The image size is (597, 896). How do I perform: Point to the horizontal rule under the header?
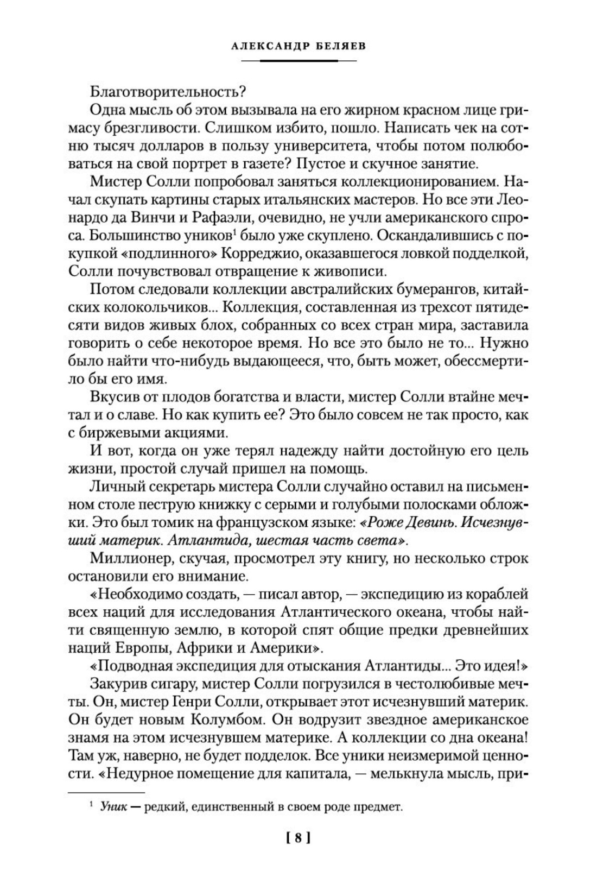[298, 60]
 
